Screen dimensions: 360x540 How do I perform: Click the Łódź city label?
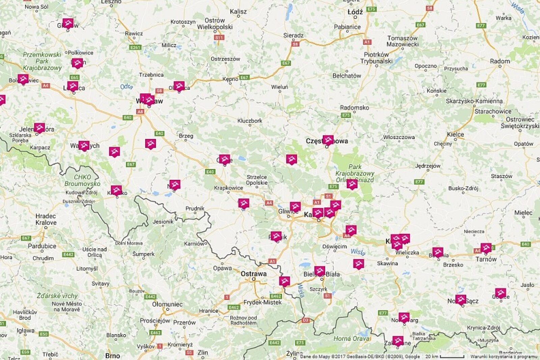[355, 12]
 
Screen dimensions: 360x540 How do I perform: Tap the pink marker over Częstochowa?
[328, 140]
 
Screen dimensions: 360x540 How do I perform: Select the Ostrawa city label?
[253, 274]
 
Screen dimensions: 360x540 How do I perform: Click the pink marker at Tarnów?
[486, 248]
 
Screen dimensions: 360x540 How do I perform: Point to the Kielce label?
[455, 134]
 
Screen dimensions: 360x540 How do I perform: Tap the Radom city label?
[500, 61]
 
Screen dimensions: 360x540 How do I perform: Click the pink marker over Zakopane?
[398, 341]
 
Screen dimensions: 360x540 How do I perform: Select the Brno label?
[112, 356]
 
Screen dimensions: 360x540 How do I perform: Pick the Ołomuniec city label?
[167, 304]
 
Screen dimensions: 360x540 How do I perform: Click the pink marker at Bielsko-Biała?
[320, 271]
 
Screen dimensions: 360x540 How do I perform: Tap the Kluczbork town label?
[250, 121]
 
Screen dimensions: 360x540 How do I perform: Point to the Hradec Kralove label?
[46, 219]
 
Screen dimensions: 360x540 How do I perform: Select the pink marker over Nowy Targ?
[404, 317]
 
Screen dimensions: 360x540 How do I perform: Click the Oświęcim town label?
[334, 247]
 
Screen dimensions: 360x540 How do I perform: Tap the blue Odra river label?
[127, 87]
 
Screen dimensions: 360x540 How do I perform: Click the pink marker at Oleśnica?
[179, 86]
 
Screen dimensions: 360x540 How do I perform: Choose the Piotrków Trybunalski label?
[376, 58]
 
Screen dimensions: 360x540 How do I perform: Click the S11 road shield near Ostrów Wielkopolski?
[219, 37]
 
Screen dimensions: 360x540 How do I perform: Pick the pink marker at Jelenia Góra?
[39, 128]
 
